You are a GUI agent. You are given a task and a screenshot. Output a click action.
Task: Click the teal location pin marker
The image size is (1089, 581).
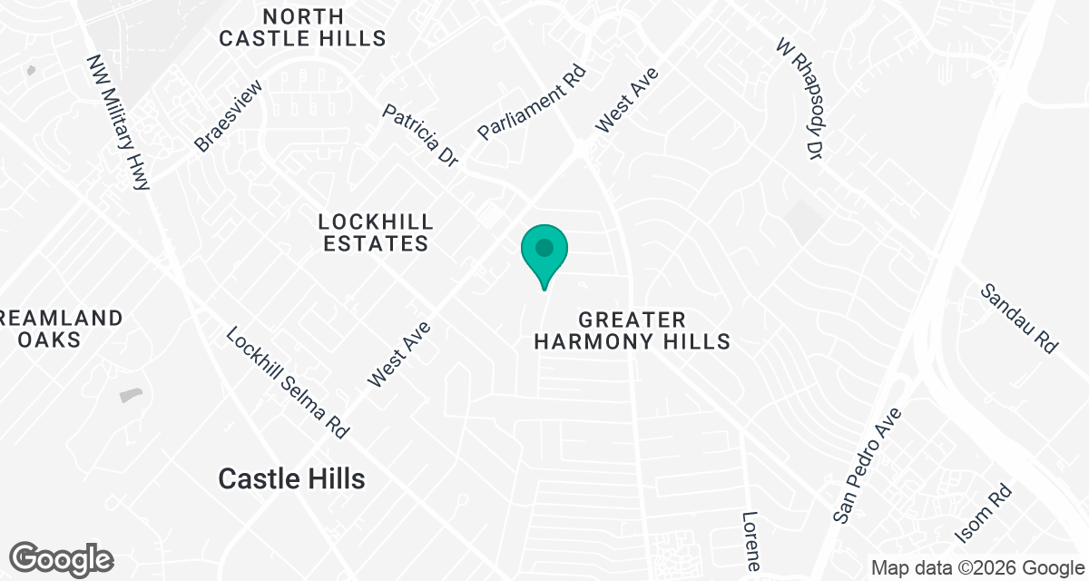coord(544,251)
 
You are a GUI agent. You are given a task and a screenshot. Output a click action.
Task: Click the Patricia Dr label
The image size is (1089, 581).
coord(420,135)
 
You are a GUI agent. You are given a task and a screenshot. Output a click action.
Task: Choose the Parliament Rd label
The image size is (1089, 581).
coord(533,103)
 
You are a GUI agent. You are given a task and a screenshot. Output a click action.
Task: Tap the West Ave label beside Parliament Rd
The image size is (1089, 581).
coord(626,99)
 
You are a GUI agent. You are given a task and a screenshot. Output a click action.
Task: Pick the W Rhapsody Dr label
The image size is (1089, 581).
coord(800,99)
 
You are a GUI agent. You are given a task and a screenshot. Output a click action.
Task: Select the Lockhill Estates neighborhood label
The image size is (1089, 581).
coord(375,232)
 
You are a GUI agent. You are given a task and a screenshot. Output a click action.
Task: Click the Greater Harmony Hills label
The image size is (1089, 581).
coord(632,330)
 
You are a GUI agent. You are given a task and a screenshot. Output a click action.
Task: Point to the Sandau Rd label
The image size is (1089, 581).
coord(1020,319)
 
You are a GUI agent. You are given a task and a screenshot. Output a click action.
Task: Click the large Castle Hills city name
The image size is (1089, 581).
coord(291,478)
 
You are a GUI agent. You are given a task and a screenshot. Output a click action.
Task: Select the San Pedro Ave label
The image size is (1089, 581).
coord(868,466)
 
